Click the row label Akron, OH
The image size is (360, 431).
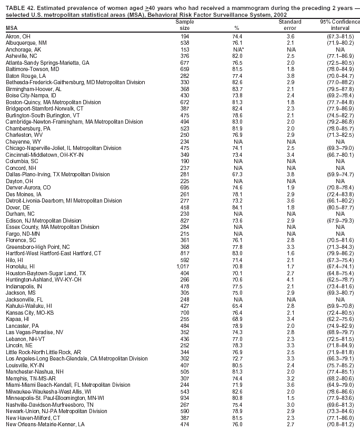pyautogui.click(x=18, y=36)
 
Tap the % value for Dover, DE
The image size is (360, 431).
pyautogui.click(x=237, y=207)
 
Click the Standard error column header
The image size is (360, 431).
pyautogui.click(x=290, y=25)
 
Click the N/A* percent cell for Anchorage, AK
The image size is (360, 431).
pyautogui.click(x=238, y=48)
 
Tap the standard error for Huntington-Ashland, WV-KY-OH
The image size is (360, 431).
pyautogui.click(x=290, y=280)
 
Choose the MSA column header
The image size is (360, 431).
pyautogui.click(x=11, y=28)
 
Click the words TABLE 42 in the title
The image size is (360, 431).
pyautogui.click(x=19, y=6)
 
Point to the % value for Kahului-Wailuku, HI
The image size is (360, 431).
pyautogui.click(x=237, y=306)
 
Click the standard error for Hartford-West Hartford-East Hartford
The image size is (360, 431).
pyautogui.click(x=290, y=254)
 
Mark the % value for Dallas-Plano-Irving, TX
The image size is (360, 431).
pyautogui.click(x=237, y=174)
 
